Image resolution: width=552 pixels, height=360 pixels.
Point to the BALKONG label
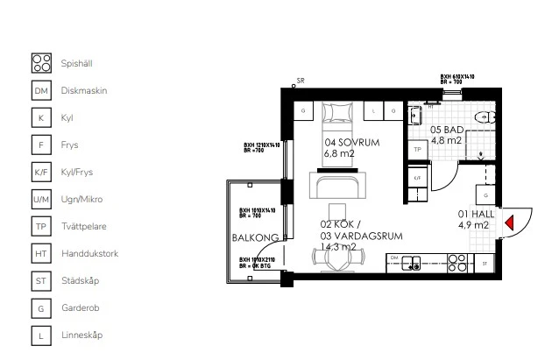coord(250,237)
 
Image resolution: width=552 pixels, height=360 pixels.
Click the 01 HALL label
coord(474,213)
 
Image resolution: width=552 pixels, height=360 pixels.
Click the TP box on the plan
coord(418,150)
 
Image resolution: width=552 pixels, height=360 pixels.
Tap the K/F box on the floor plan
coord(418,178)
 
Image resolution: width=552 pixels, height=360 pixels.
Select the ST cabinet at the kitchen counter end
coord(484,261)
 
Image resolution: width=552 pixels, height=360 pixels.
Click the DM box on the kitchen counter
coord(395,258)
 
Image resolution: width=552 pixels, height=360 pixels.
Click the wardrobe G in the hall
coord(482,194)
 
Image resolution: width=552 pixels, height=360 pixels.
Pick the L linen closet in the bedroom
coord(374,112)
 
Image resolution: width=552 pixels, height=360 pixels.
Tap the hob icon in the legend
coord(41,62)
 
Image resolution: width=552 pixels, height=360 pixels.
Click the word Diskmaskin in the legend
coord(84,90)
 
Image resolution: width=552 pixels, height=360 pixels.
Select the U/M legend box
coord(41,200)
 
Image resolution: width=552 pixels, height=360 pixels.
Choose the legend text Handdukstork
coord(89,254)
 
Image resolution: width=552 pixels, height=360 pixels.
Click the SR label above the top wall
coord(301,81)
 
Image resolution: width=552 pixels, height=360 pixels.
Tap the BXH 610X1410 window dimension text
coord(457,77)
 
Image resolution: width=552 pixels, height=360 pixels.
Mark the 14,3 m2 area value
coord(337,246)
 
